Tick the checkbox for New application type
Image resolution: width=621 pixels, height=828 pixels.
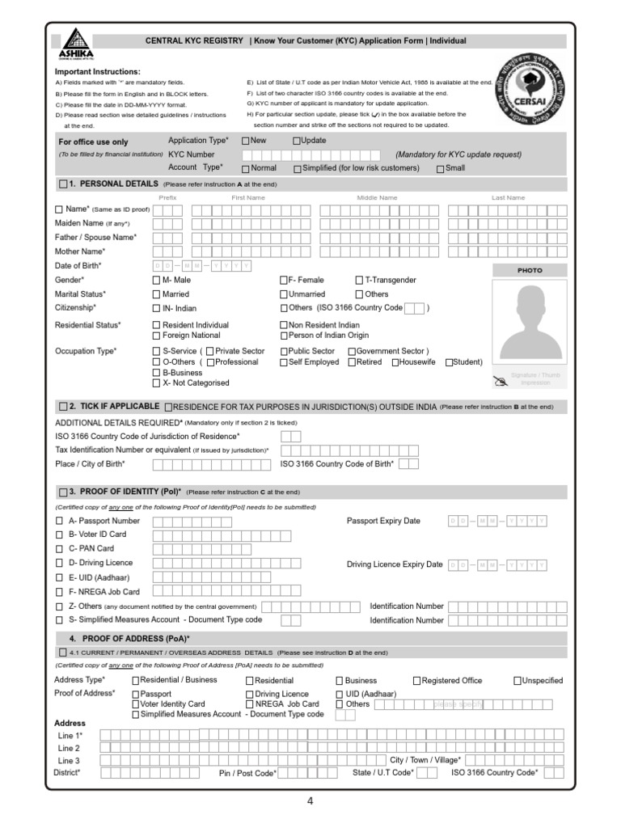point(246,141)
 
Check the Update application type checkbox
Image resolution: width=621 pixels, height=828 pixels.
point(297,141)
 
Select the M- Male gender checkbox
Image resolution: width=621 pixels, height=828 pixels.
point(156,280)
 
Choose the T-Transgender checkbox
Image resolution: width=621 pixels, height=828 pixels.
point(359,280)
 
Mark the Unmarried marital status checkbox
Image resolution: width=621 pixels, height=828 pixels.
point(284,294)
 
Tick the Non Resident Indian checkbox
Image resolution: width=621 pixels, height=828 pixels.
point(284,325)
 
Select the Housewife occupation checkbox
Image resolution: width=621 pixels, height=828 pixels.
point(395,362)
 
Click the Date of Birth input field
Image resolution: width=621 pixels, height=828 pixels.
point(201,265)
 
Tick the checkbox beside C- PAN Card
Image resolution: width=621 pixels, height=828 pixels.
point(58,549)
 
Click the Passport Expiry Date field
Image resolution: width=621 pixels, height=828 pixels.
point(497,521)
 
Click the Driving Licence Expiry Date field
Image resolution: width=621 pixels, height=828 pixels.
point(497,564)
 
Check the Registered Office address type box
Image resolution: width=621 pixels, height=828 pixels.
point(417,681)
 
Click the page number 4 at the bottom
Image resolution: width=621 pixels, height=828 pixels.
point(310,801)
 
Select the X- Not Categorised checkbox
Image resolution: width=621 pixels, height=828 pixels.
point(156,383)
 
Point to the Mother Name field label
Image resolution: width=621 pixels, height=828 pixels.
point(78,251)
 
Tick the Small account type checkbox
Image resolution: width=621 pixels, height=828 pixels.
point(440,168)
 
